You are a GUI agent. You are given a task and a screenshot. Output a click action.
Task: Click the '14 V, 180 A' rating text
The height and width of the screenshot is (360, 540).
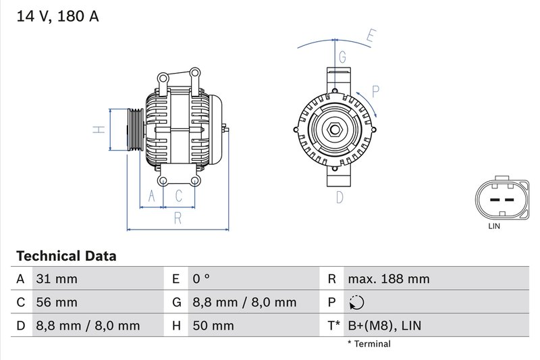pos(57,16)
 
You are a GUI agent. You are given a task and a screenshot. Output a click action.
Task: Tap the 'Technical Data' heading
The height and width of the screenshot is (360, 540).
pos(66,256)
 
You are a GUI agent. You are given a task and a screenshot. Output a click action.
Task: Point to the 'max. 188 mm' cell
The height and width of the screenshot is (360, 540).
pos(388,279)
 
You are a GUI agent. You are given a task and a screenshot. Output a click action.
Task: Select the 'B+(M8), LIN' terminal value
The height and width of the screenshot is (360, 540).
pos(383,326)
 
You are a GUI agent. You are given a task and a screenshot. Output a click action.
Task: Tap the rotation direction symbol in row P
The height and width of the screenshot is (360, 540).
pos(355,303)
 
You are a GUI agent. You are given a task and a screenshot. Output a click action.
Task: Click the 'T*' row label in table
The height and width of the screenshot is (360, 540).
pos(333,326)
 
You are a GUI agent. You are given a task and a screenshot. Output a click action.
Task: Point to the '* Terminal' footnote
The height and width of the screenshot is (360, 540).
pos(369,344)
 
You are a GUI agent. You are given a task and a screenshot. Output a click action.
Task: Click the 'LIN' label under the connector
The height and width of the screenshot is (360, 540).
pos(494,227)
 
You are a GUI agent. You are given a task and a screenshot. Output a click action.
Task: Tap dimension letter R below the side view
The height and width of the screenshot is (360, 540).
pos(178,217)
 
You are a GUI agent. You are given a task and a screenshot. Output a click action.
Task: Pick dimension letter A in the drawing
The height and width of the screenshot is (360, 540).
pos(152,197)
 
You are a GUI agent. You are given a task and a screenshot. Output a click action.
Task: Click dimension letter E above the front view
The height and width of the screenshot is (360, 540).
pos(369,36)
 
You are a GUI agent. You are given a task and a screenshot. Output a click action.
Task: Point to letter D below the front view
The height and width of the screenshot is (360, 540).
pos(340,197)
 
